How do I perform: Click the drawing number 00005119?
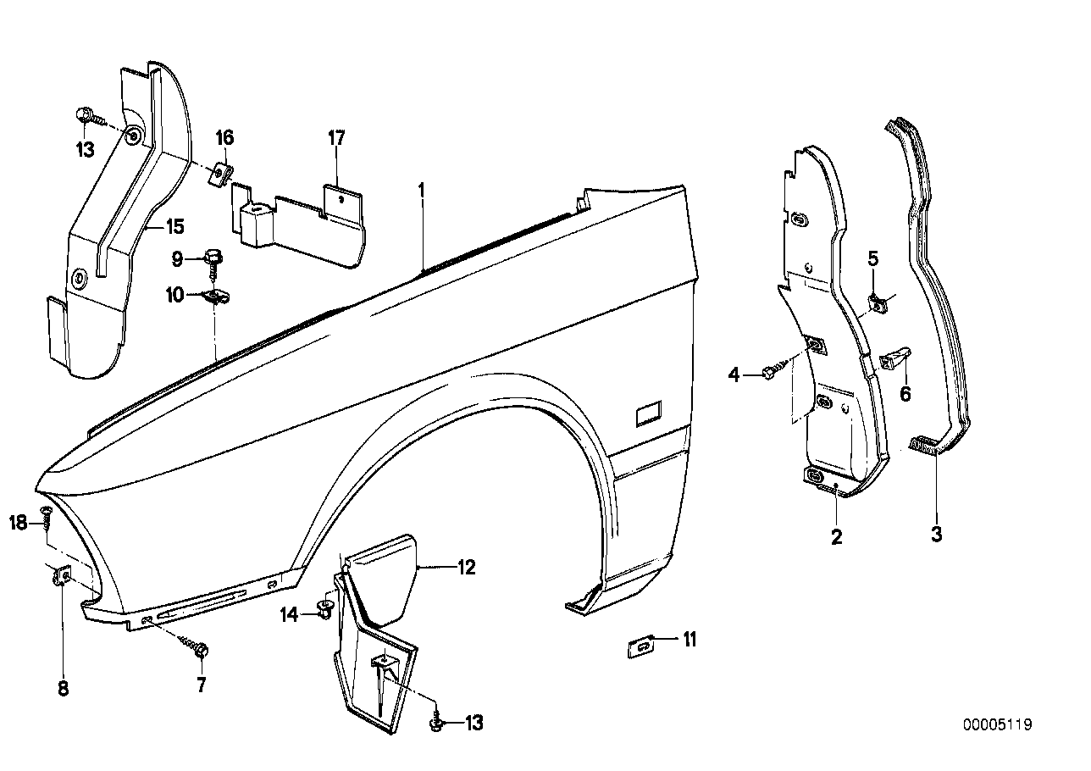997,725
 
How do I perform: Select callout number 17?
336,138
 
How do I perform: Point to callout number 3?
937,535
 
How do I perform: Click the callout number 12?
466,567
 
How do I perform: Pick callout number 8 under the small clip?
64,689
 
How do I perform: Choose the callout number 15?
174,227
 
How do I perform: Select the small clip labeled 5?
878,301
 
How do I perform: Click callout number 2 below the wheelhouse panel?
837,536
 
